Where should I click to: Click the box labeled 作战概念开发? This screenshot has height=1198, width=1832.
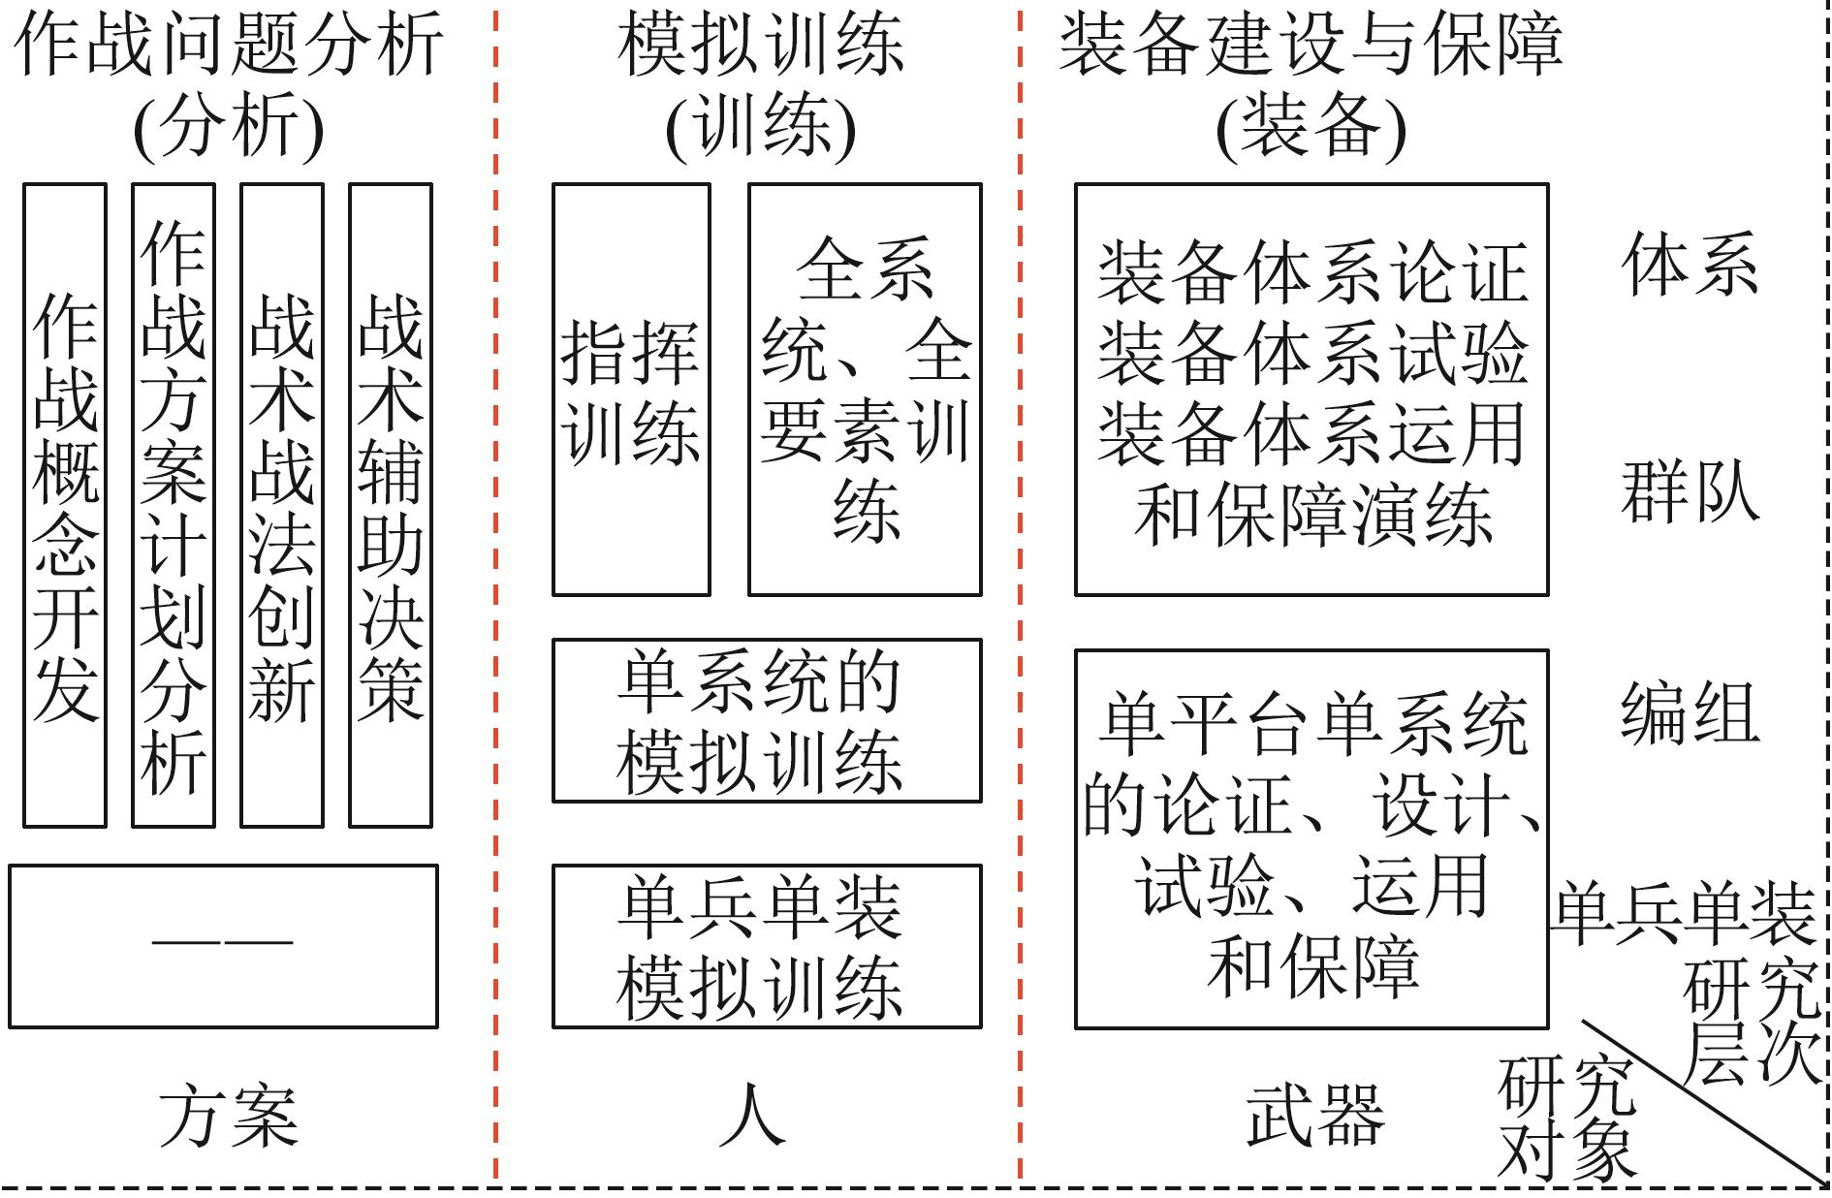pos(65,505)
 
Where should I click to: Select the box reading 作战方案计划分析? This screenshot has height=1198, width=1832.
pos(174,505)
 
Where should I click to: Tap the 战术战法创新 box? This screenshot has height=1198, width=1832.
pos(282,505)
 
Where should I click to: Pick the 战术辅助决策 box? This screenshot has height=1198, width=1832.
pos(391,505)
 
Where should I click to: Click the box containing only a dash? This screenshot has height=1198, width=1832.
pos(223,946)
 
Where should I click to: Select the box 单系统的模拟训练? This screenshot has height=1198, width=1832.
pos(767,720)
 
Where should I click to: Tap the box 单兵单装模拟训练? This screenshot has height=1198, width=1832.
pos(767,946)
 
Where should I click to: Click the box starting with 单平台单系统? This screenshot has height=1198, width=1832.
pos(1311,839)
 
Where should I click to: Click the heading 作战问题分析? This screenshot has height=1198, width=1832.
pos(229,45)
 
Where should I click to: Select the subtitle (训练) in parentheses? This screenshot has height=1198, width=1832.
pos(761,128)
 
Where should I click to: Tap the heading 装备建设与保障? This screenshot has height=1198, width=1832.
pos(1311,45)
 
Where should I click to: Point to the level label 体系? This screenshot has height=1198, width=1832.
pos(1690,264)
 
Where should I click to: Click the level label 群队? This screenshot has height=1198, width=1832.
pos(1690,490)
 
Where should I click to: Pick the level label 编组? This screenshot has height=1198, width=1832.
pos(1690,713)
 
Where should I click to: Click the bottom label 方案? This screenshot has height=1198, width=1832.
pos(229,1116)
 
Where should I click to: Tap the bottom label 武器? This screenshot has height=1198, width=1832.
pos(1314,1116)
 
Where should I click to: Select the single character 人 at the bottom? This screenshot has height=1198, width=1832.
pos(752,1116)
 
